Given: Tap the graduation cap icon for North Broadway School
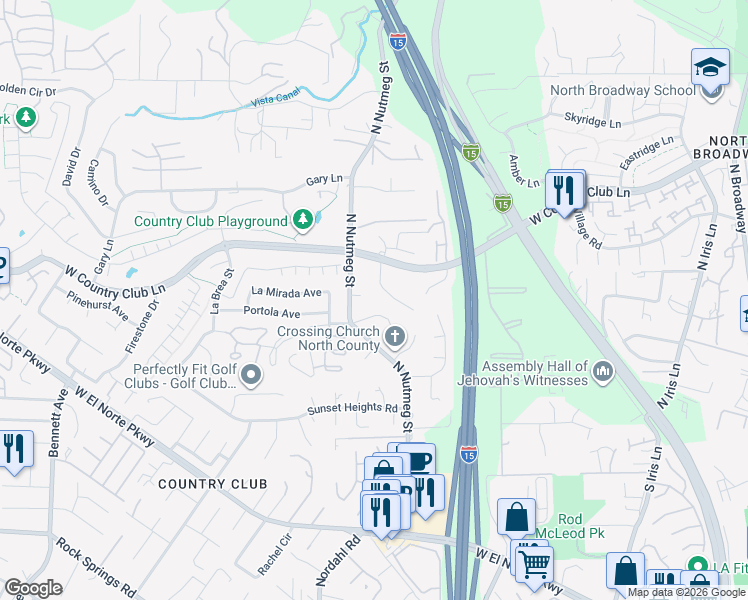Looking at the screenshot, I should [x=710, y=68].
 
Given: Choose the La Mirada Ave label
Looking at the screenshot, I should [x=287, y=293].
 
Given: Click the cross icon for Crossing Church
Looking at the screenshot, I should [x=396, y=334].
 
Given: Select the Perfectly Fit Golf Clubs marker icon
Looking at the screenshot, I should [x=250, y=375].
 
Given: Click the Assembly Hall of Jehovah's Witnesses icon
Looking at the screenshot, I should [x=602, y=372].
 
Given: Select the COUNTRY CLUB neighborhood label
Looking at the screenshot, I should [x=213, y=484].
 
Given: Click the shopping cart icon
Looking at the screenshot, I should [x=533, y=563].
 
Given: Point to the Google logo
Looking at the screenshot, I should [x=33, y=588].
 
